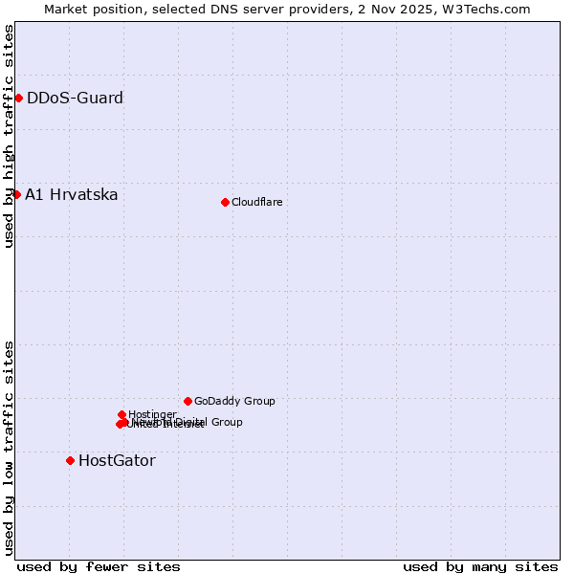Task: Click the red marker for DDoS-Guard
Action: pyautogui.click(x=18, y=98)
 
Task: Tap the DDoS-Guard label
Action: pyautogui.click(x=75, y=98)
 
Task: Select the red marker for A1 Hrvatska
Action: pyautogui.click(x=16, y=194)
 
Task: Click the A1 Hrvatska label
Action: pyautogui.click(x=72, y=195)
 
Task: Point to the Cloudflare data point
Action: pyautogui.click(x=225, y=202)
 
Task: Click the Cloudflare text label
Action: pyautogui.click(x=257, y=202)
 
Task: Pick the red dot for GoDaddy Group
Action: pyautogui.click(x=188, y=401)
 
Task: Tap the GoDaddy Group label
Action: pyautogui.click(x=234, y=401)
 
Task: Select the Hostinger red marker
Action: pyautogui.click(x=121, y=414)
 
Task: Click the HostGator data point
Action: pyautogui.click(x=70, y=460)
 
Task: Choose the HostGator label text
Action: pyautogui.click(x=117, y=460)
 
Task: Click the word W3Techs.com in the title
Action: pyautogui.click(x=492, y=9)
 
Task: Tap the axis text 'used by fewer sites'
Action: pyautogui.click(x=99, y=566)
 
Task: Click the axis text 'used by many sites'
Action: pyautogui.click(x=480, y=566)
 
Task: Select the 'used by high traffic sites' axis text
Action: pyautogui.click(x=9, y=136)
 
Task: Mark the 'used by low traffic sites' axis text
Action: pyautogui.click(x=9, y=447)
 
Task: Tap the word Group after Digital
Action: pyautogui.click(x=227, y=422)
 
